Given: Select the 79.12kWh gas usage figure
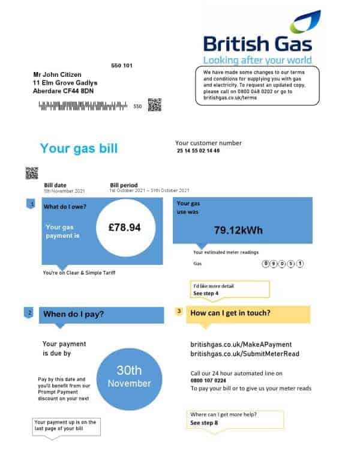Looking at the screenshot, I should coord(238,230).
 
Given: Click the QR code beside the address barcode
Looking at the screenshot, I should coord(155,105).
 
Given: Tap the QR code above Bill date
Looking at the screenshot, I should coord(31,173).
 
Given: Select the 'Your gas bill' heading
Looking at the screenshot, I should coord(79,148).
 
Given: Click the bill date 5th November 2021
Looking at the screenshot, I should coord(64,191).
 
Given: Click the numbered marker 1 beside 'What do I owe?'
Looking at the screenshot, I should coord(32,205).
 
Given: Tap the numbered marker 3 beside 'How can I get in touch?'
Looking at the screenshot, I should coord(179,312).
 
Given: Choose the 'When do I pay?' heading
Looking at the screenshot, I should coord(73,313).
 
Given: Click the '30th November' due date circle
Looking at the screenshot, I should coord(129,377).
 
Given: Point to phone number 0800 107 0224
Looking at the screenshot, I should coord(209,381).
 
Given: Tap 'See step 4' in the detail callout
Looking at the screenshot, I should coord(206,293).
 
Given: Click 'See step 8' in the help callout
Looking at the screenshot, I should coord(205,423).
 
